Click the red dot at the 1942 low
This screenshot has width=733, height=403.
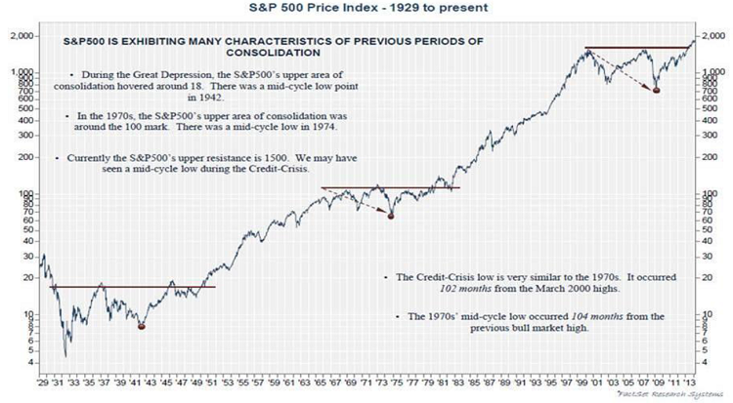[142, 326]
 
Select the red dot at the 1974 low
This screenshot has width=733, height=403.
[391, 215]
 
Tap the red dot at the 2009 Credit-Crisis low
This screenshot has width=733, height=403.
[656, 90]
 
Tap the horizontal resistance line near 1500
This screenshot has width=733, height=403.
[635, 48]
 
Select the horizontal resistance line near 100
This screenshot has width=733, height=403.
[391, 187]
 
